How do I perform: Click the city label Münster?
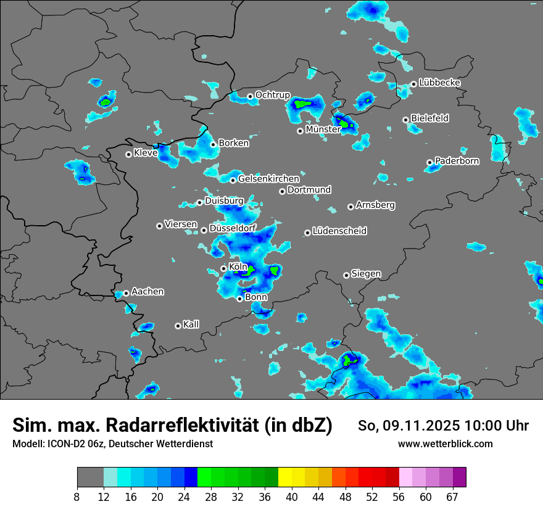click(x=323, y=130)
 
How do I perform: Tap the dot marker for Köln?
click(x=223, y=268)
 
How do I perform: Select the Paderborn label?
click(x=457, y=161)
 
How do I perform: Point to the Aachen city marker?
click(x=126, y=293)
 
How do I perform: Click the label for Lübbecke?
click(x=439, y=83)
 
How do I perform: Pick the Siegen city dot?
click(x=346, y=275)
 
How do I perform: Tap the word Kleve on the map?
click(x=146, y=153)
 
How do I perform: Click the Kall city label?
click(x=191, y=324)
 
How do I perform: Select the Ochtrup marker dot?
click(x=250, y=96)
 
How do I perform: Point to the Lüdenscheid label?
click(x=339, y=231)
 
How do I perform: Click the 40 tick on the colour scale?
click(x=292, y=497)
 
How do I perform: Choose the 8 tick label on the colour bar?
click(x=77, y=497)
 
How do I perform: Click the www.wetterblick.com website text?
click(x=445, y=444)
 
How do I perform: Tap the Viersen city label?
click(x=181, y=225)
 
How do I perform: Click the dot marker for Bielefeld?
click(x=405, y=120)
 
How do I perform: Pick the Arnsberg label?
click(x=375, y=205)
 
